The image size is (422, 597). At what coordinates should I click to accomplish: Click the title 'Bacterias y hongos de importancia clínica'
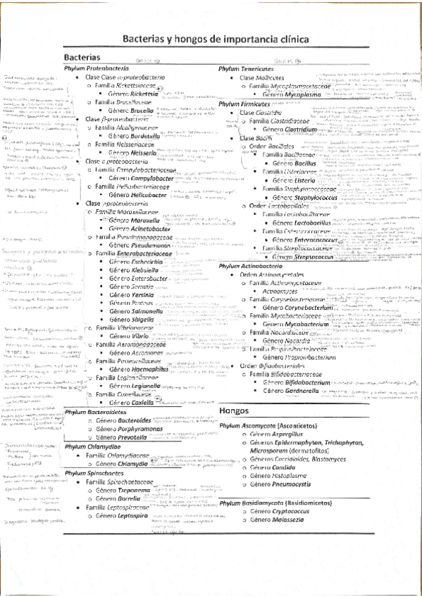(211, 40)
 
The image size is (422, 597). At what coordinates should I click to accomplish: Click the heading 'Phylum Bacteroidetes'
(93, 392)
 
